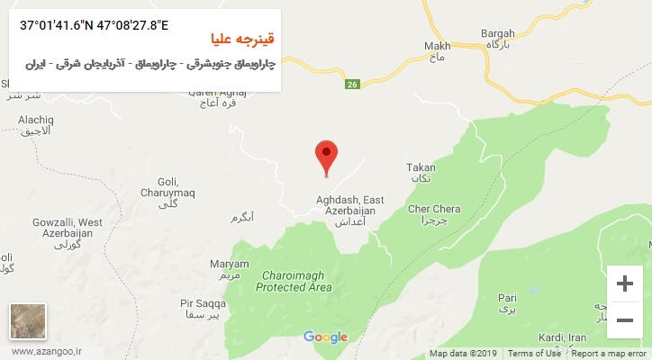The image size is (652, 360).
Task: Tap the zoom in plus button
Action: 624,283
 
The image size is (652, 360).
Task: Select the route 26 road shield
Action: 352,85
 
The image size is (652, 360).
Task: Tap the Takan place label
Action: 421,167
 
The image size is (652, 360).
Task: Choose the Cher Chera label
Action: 434,210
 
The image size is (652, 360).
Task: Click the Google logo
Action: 325,337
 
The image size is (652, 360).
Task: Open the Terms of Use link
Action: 534,354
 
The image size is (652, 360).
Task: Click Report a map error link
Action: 610,354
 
